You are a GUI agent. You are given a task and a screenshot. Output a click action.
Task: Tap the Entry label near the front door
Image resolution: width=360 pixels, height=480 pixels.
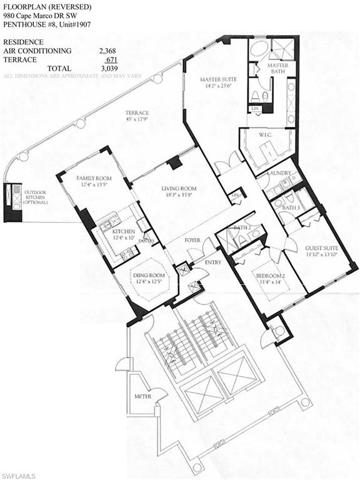coord(213,262)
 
